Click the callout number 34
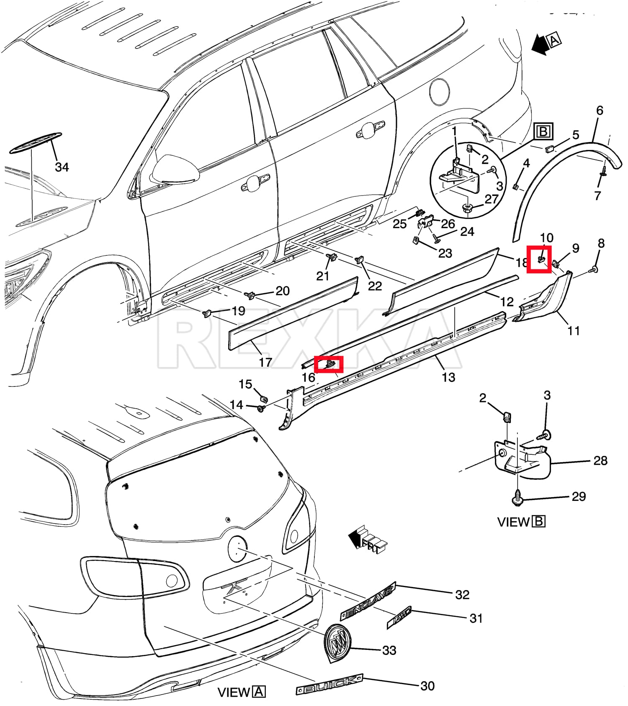62,167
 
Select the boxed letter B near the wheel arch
543,131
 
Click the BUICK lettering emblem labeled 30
329,685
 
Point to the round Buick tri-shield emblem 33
337,643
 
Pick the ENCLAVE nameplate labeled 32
368,601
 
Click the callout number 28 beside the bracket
600,461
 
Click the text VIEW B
521,522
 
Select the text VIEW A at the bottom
242,692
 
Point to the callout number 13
448,377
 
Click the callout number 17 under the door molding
265,362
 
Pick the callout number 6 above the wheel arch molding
600,111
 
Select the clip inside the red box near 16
329,364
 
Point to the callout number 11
573,331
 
